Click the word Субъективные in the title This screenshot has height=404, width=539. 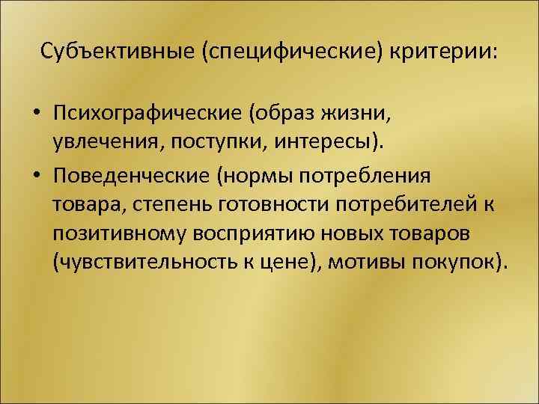[105, 52]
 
